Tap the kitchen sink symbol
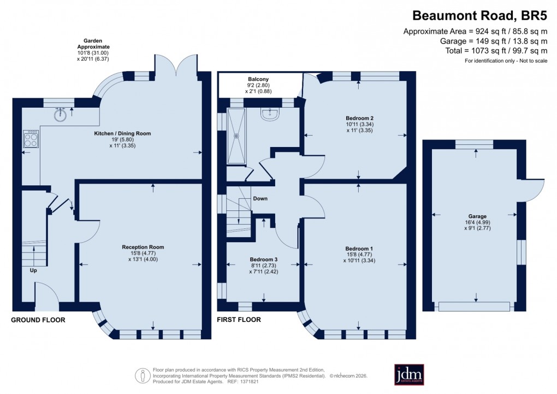pyautogui.click(x=61, y=115)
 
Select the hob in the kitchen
pyautogui.click(x=31, y=140)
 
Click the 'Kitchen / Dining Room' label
pyautogui.click(x=121, y=133)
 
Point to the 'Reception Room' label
pyautogui.click(x=143, y=247)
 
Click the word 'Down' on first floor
pyautogui.click(x=260, y=198)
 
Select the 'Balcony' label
pyautogui.click(x=258, y=79)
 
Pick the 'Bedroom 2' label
pyautogui.click(x=359, y=118)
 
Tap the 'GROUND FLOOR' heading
pyautogui.click(x=38, y=320)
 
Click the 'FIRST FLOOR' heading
pyautogui.click(x=239, y=320)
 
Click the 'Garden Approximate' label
pyautogui.click(x=93, y=44)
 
